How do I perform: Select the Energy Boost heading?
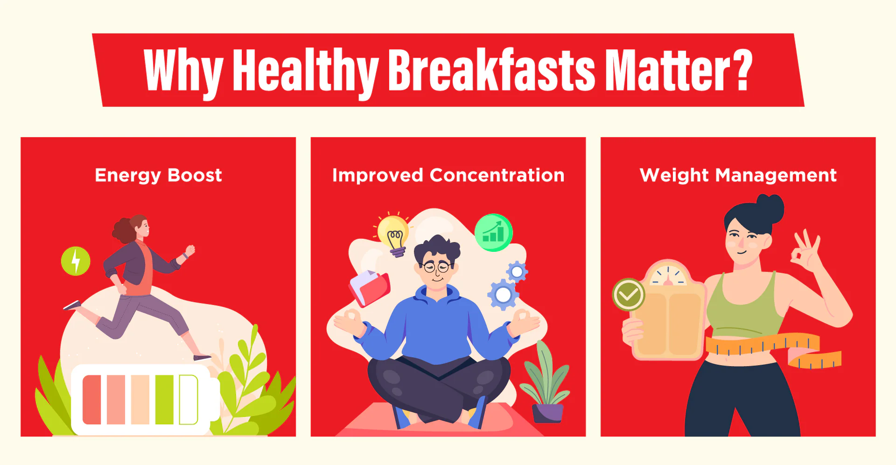click(x=158, y=175)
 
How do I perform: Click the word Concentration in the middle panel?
click(x=497, y=175)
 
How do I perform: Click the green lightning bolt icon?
click(x=76, y=261)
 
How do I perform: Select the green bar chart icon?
click(x=493, y=232)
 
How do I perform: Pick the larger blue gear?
click(x=503, y=294)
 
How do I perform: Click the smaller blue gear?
click(x=517, y=271)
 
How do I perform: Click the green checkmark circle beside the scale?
click(x=629, y=295)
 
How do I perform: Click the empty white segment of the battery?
click(x=189, y=400)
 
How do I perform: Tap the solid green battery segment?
click(x=164, y=400)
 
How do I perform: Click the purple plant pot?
click(x=548, y=413)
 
